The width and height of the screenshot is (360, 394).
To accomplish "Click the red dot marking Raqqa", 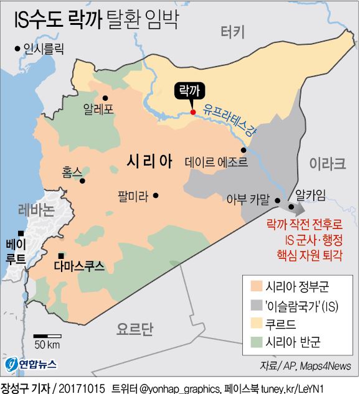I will [193, 113].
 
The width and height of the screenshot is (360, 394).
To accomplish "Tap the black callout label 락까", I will [187, 91].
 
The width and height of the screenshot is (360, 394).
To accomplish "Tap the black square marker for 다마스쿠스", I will [61, 256].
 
